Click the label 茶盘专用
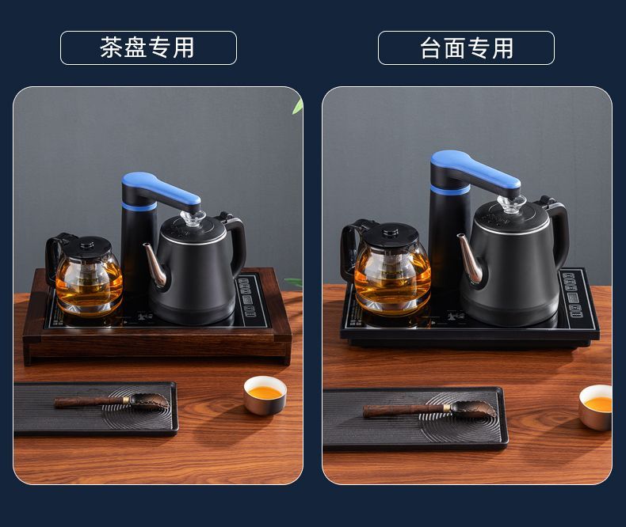[147, 47]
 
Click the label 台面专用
[466, 47]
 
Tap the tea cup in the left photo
[265, 396]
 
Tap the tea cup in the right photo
[596, 407]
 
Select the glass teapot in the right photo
[387, 267]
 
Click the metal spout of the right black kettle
[471, 256]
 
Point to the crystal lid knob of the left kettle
[193, 218]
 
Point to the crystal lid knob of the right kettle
[510, 204]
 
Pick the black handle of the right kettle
[556, 231]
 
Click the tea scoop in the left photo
[112, 401]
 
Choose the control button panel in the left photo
[247, 297]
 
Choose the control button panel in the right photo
[574, 294]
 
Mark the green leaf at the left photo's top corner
[298, 106]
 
